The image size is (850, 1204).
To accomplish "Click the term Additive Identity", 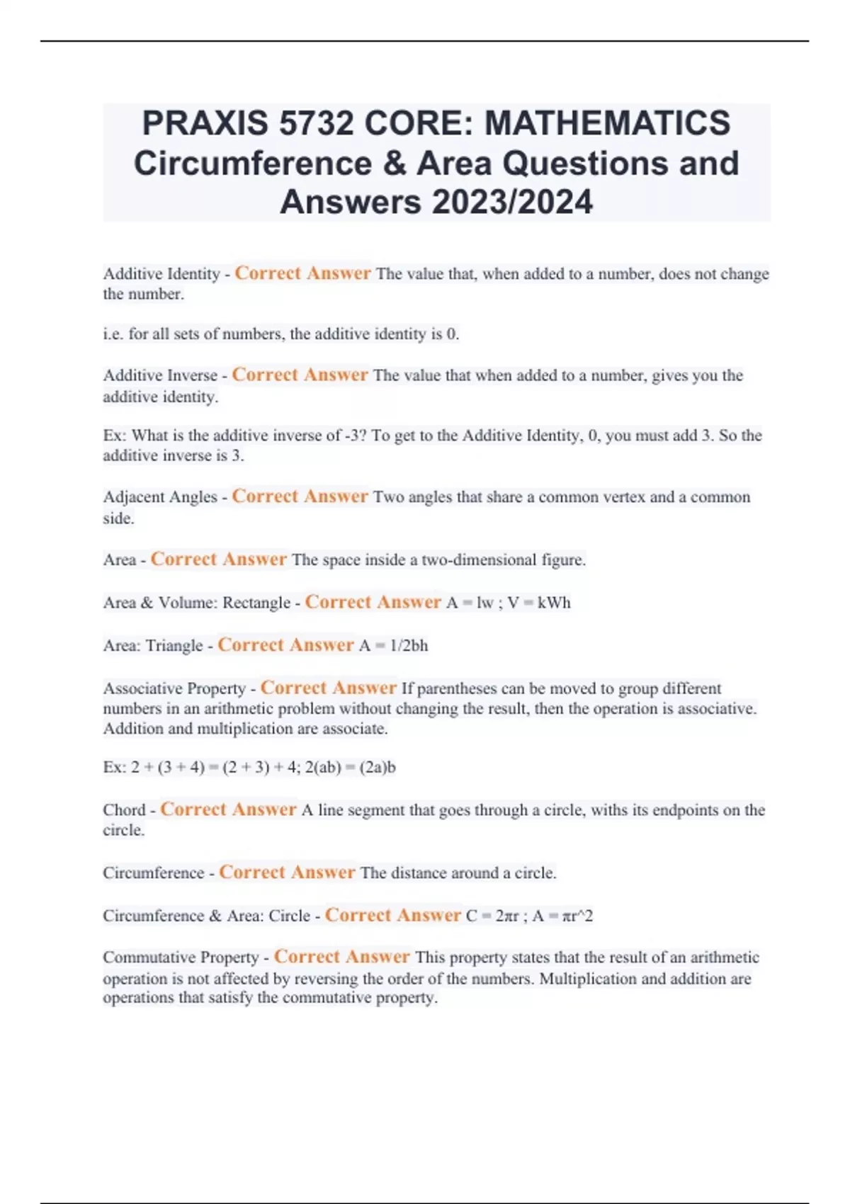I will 161,274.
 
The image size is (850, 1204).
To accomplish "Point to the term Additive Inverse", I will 160,375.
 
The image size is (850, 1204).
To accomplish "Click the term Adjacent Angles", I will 160,497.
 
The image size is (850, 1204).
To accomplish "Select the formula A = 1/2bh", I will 393,646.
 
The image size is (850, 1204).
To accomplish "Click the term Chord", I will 124,810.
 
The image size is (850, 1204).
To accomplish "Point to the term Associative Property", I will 174,688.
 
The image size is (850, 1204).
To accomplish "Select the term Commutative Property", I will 181,958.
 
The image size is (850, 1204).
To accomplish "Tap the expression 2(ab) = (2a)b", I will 350,768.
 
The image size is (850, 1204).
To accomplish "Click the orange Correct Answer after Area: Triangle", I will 285,645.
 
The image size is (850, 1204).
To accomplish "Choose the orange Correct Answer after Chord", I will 228,810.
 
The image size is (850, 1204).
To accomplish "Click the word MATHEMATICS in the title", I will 607,123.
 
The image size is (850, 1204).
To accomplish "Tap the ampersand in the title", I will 394,164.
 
